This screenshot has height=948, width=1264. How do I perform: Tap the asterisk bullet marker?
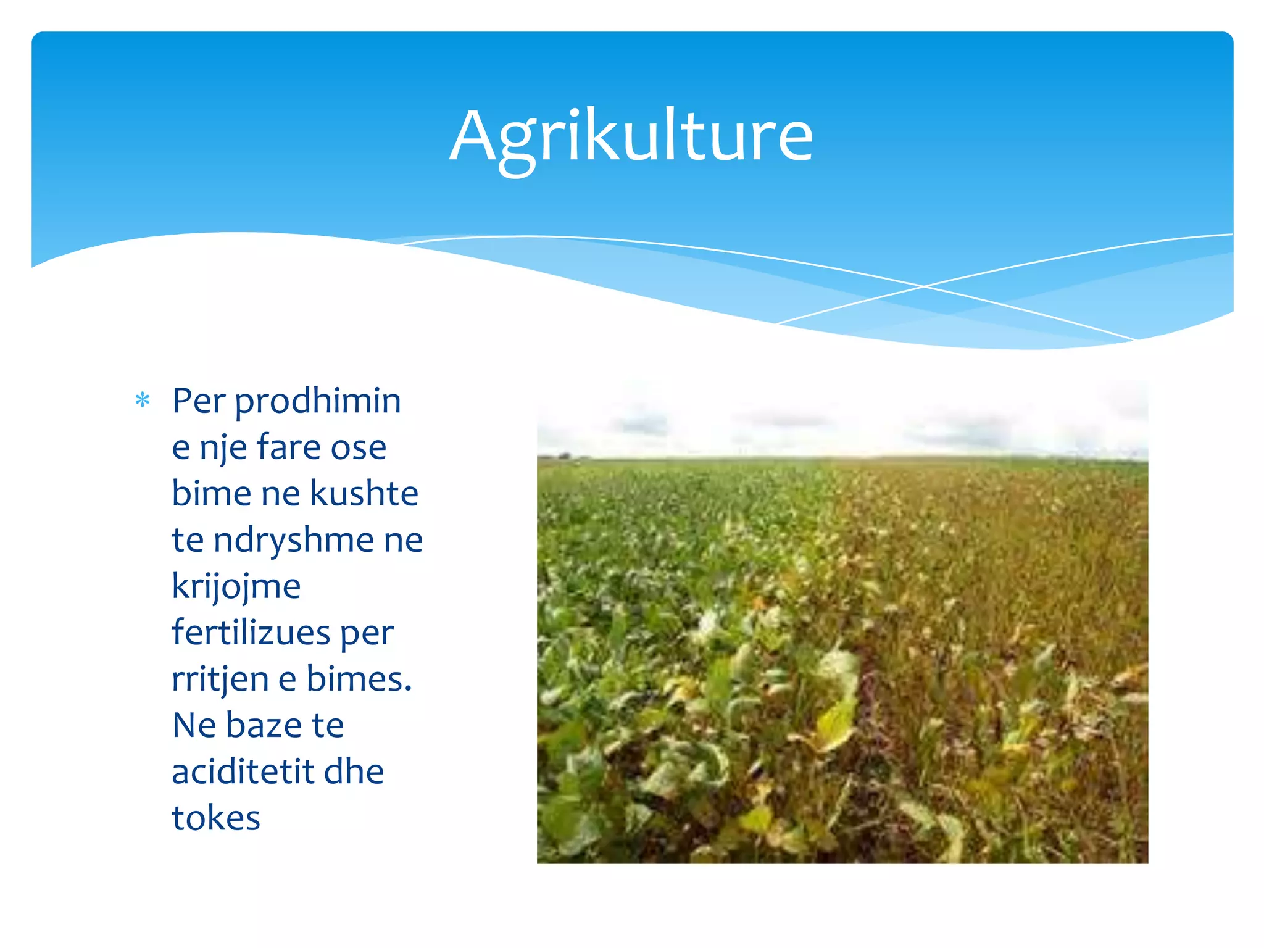(143, 401)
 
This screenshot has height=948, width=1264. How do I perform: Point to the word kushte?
(364, 494)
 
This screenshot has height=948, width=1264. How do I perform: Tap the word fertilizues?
(251, 633)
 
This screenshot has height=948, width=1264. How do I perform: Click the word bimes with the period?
(359, 679)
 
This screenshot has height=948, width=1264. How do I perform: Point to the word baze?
(264, 726)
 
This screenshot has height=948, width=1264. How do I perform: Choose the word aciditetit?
(243, 772)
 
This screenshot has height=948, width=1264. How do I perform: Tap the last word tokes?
(216, 818)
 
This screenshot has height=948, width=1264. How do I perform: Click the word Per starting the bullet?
(198, 401)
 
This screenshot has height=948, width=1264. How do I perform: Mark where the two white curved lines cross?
(924, 286)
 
